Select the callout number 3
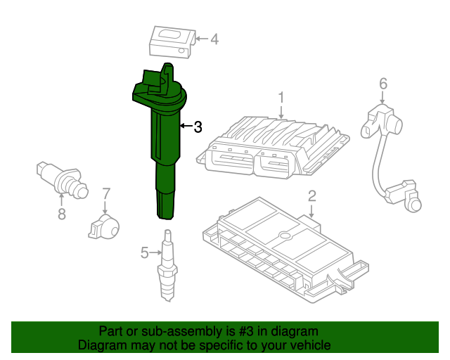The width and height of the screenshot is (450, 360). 198,127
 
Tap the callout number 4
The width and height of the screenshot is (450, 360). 214,39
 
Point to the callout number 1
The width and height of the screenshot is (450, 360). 281,97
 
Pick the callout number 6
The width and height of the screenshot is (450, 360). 383,84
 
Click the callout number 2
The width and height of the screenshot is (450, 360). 312,196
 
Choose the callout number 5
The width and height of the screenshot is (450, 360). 145,253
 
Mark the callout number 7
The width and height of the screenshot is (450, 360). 106,194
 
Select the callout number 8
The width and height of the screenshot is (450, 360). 62,214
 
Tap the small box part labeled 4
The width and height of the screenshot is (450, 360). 172,42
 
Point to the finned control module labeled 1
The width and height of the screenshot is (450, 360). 273,147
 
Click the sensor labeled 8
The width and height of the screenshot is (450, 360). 63,180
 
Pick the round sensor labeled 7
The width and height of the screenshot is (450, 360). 104,227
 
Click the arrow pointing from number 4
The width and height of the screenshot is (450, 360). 202,39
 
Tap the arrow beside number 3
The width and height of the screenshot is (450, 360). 186,126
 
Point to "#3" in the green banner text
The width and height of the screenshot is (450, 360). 246,331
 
